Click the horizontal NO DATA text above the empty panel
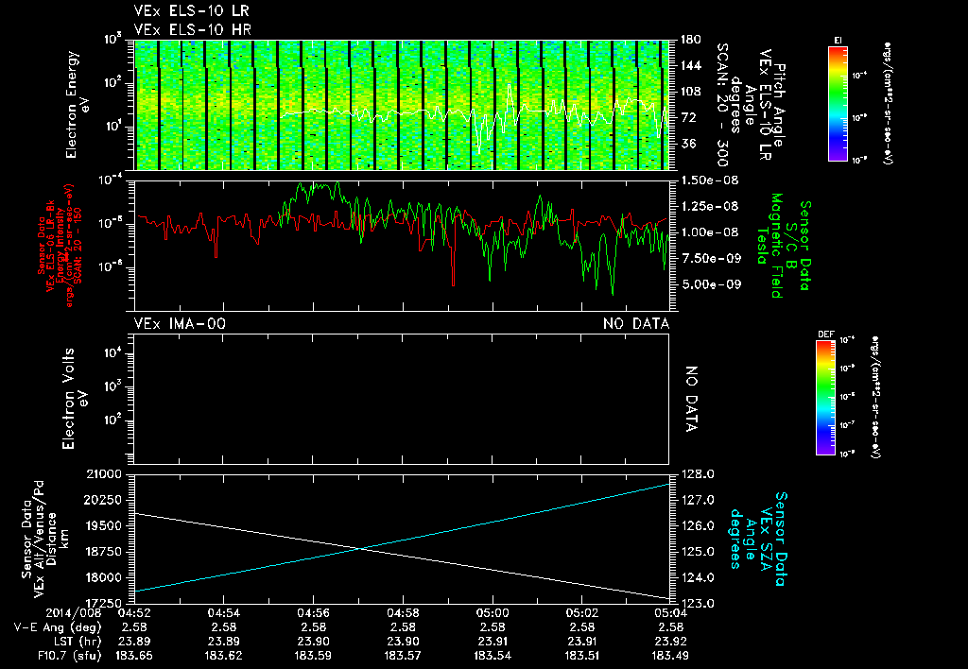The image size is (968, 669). coord(636,324)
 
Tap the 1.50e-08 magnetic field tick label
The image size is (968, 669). coord(707,180)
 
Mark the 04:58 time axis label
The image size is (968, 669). coord(403,613)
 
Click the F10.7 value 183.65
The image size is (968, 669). coord(133,654)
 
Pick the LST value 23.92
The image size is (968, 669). coord(670,640)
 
